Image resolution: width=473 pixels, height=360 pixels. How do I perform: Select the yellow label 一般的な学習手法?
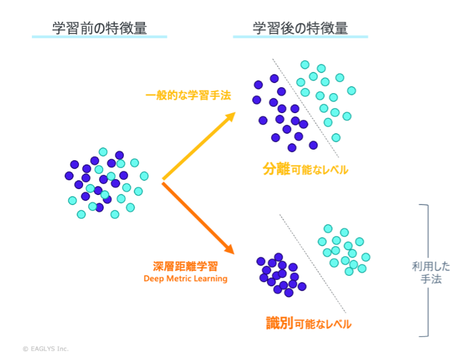[188, 95]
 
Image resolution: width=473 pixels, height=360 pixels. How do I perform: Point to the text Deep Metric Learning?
[186, 279]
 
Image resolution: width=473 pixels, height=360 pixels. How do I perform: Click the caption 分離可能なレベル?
[305, 170]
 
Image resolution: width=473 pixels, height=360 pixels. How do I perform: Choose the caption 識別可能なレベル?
[309, 323]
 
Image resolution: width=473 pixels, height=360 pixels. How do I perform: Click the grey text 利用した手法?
[431, 273]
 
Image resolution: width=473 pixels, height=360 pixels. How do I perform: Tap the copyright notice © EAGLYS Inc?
[45, 349]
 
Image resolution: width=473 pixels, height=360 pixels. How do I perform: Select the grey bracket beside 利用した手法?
[425, 270]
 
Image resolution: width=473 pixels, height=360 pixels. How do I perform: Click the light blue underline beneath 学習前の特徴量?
[100, 37]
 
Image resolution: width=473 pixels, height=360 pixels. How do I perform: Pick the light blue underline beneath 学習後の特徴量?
[300, 37]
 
